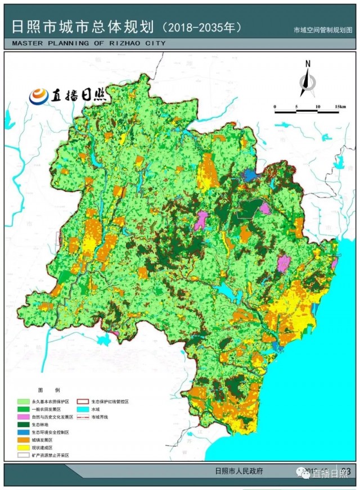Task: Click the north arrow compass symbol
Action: [x=308, y=78]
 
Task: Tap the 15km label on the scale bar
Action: [x=340, y=106]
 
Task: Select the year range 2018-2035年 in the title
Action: [x=202, y=27]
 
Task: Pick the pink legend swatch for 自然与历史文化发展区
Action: [x=24, y=418]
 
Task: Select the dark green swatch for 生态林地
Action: [x=24, y=425]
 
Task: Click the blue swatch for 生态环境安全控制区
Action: [x=24, y=433]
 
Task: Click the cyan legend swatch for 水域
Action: [x=84, y=410]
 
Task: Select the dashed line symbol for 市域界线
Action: [x=84, y=418]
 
